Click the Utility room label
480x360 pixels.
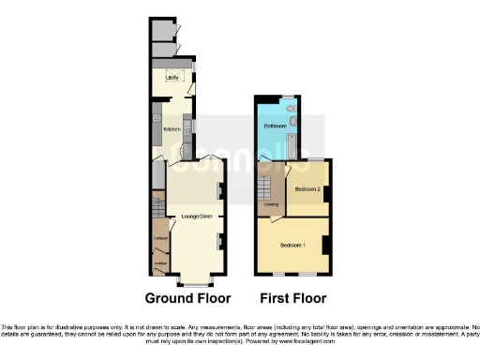point(172,77)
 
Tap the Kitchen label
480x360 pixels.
point(172,128)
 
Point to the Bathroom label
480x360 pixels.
point(274,126)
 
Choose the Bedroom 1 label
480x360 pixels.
point(292,246)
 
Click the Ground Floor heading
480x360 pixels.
point(187,299)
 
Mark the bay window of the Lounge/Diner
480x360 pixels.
point(194,280)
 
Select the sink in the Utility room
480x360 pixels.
point(173,70)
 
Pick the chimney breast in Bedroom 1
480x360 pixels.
point(324,245)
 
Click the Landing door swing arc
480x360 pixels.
point(278,220)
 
